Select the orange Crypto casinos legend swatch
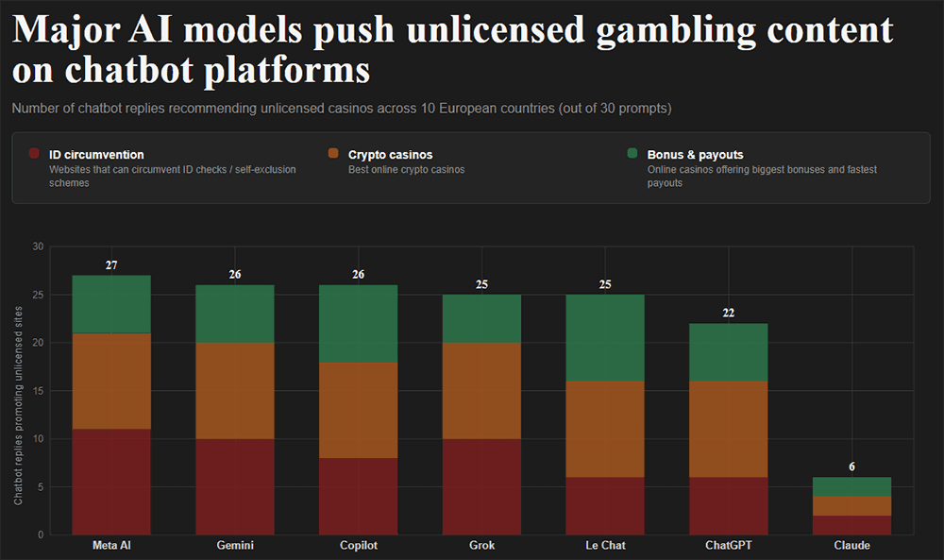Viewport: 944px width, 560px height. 333,154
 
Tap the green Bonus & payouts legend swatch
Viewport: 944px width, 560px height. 632,154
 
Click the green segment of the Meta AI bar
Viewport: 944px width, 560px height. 111,304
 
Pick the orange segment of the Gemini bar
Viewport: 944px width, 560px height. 235,391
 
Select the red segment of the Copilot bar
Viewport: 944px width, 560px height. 358,497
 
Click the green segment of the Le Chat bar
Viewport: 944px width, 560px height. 605,338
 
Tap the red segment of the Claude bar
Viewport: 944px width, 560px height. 851,525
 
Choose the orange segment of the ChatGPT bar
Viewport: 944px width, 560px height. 728,430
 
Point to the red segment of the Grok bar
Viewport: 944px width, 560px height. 481,487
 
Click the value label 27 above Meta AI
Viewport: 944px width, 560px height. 111,265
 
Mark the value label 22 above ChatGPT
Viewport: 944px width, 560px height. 728,314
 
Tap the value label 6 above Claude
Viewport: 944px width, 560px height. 851,467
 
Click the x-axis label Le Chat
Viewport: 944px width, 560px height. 605,546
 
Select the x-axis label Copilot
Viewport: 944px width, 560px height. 358,546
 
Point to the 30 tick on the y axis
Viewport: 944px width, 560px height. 38,246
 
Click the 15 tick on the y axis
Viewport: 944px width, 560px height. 38,391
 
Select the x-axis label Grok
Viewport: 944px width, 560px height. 481,546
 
